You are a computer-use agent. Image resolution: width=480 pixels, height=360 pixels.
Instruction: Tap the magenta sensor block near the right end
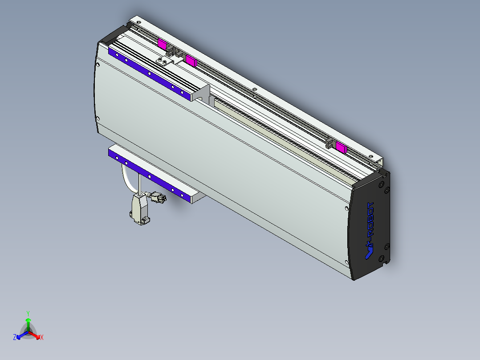[342, 147]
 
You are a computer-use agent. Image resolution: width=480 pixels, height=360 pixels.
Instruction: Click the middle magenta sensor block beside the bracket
[191, 61]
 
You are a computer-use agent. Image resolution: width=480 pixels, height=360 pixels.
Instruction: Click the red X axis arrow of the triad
[37, 336]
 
